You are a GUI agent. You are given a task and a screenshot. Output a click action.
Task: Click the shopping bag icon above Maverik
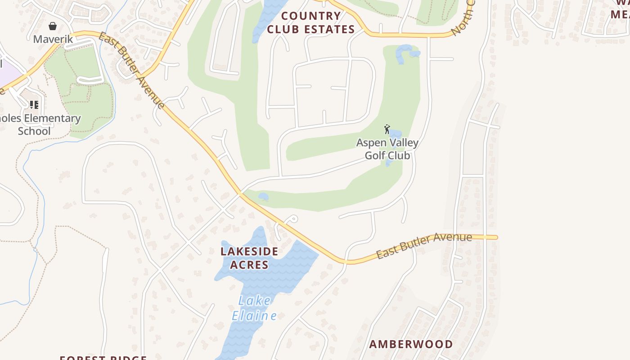[x=53, y=26]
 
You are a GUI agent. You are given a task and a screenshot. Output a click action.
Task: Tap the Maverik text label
[x=53, y=39]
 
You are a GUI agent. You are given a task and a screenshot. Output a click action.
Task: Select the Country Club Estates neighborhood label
[x=311, y=23]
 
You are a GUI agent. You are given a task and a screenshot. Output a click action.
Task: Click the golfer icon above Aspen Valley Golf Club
[x=387, y=130]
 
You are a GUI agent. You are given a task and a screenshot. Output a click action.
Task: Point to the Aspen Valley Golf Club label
[x=387, y=149]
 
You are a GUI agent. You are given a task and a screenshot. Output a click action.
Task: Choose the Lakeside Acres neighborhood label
[x=249, y=258]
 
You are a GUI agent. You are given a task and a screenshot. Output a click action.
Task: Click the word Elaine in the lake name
[x=254, y=316]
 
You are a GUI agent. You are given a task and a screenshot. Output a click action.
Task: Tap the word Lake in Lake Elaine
[x=255, y=300]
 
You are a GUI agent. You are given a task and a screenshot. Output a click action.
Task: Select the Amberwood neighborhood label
[x=411, y=344]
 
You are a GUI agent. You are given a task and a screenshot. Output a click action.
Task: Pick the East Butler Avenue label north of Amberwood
[x=424, y=246]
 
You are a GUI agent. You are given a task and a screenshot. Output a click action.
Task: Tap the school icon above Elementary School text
[x=34, y=105]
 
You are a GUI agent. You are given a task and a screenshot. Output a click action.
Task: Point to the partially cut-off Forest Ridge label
[x=103, y=358]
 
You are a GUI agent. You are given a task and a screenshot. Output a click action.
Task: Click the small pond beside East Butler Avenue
[x=263, y=197]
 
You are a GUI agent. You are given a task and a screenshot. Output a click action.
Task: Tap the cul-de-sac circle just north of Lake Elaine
[x=293, y=219]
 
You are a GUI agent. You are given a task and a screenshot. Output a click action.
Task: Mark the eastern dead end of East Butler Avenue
[x=496, y=237]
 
